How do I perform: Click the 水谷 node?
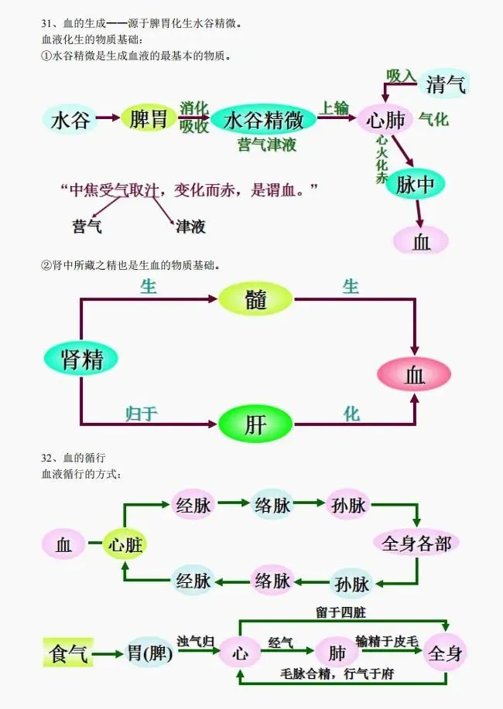tap(71, 121)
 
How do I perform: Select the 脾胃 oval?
tap(149, 119)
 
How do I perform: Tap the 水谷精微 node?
tap(263, 120)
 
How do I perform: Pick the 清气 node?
tap(446, 84)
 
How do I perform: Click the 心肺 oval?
tap(385, 120)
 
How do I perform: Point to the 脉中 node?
tap(416, 184)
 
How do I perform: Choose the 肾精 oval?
tap(81, 358)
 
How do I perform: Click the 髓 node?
tap(256, 298)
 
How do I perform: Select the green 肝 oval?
tap(256, 424)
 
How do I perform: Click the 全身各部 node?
tap(416, 543)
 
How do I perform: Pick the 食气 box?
tap(68, 655)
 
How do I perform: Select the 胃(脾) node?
tap(149, 654)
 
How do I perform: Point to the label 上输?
tap(335, 108)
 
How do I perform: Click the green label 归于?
tap(142, 414)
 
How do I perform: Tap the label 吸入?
tap(402, 77)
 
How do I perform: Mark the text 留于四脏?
tap(340, 612)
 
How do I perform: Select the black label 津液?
tap(190, 227)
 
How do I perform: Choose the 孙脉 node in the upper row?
tap(348, 506)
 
